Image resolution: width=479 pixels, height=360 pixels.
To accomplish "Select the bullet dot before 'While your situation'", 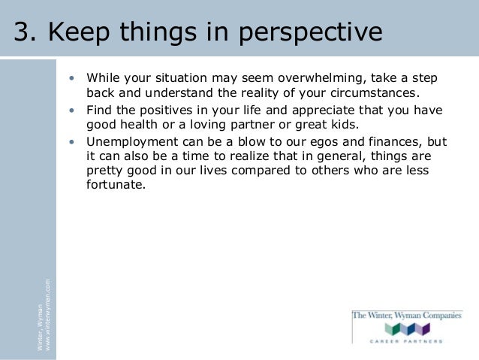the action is (72, 78).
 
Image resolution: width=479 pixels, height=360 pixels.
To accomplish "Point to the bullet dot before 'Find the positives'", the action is (72, 110).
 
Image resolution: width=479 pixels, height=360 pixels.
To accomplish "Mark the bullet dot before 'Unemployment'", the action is (72, 142).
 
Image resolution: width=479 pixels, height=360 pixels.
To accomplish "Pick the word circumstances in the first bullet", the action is (375, 93).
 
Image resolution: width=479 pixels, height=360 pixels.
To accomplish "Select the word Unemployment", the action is (132, 143).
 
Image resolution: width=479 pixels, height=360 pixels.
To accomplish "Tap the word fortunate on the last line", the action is (116, 185).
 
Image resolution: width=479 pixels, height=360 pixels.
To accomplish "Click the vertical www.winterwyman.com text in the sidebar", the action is (47, 315).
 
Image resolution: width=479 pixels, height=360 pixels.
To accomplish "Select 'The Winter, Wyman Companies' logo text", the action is (407, 316).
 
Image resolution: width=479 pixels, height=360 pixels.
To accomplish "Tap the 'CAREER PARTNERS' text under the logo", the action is (406, 341).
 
